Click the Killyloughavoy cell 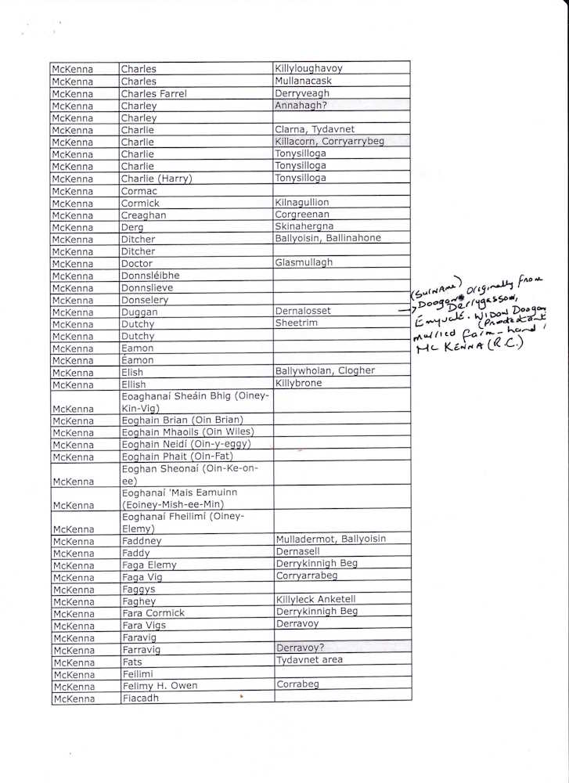[x=308, y=69]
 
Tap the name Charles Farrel [x=153, y=94]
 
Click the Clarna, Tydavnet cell [x=314, y=129]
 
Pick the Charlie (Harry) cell [x=157, y=179]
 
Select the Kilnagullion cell [x=302, y=203]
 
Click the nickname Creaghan [x=143, y=215]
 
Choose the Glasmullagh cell [x=304, y=264]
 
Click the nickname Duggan [x=139, y=312]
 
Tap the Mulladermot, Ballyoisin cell [x=330, y=539]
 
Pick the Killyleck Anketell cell [x=315, y=600]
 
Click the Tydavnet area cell [x=309, y=660]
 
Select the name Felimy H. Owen [x=159, y=686]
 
